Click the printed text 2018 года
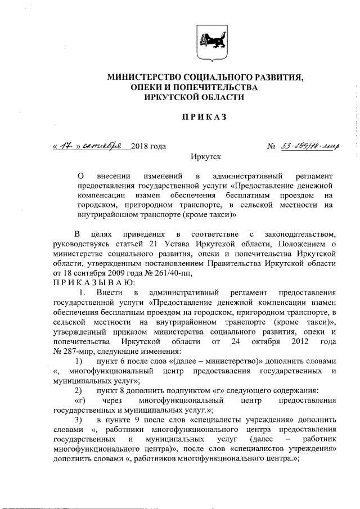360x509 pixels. (148, 147)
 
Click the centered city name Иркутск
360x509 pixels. (206, 159)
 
